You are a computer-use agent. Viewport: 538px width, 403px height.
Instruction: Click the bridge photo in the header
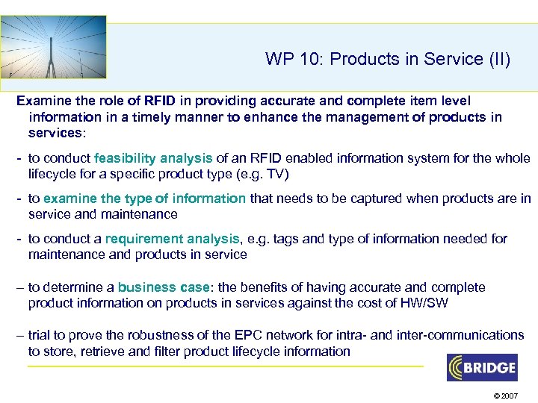click(x=54, y=46)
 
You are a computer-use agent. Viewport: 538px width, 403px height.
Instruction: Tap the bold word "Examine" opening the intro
click(x=42, y=100)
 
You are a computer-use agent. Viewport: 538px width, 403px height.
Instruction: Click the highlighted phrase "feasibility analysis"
click(x=153, y=158)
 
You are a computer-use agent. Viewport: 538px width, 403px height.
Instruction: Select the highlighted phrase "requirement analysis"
click(x=173, y=239)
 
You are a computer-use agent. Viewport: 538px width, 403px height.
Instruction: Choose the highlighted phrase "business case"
click(x=158, y=287)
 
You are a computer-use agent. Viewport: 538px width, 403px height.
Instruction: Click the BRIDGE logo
click(x=482, y=367)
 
